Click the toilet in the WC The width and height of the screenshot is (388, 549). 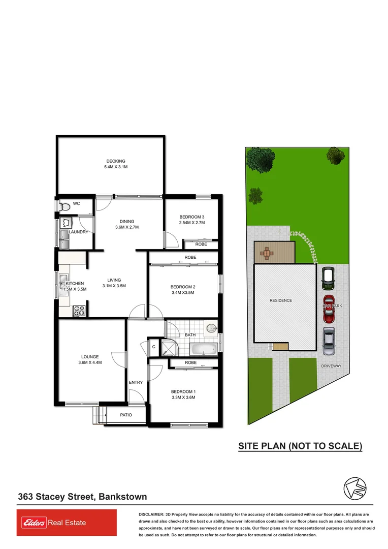pyautogui.click(x=64, y=206)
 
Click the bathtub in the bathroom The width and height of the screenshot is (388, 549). pyautogui.click(x=204, y=350)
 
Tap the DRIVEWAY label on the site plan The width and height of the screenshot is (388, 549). pyautogui.click(x=331, y=366)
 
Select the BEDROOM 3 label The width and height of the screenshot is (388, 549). pyautogui.click(x=192, y=217)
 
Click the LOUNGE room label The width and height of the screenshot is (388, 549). pyautogui.click(x=89, y=357)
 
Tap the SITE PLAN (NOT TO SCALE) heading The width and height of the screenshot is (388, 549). pyautogui.click(x=301, y=446)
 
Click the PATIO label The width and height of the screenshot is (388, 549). pyautogui.click(x=126, y=415)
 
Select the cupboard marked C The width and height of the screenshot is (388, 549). pyautogui.click(x=153, y=347)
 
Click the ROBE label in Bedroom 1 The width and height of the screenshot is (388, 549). pyautogui.click(x=190, y=362)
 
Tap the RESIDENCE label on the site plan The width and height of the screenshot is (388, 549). pyautogui.click(x=281, y=300)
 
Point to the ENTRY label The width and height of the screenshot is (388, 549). pyautogui.click(x=136, y=382)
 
